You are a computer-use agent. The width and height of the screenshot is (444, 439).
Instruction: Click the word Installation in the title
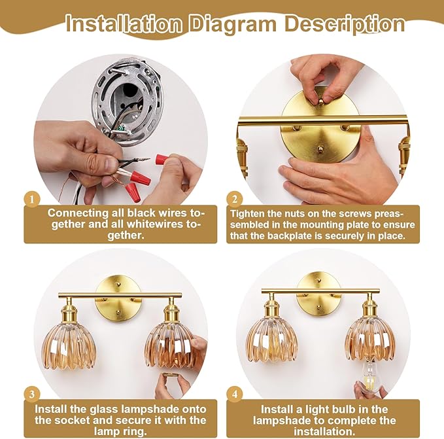click(124, 24)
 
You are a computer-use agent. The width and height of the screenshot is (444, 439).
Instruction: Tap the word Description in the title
click(345, 25)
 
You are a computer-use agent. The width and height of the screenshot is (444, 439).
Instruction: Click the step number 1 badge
click(32, 199)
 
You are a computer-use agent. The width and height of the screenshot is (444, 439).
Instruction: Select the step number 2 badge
click(235, 199)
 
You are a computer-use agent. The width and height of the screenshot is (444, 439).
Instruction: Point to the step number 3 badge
click(32, 394)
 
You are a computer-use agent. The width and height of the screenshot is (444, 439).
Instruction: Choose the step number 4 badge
click(235, 394)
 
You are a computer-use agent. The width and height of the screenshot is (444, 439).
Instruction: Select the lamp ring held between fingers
click(171, 376)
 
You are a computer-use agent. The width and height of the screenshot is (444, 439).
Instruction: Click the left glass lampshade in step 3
click(69, 346)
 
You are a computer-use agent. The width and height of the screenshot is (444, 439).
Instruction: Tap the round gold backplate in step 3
click(118, 299)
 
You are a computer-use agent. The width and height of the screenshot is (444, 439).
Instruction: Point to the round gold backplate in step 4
click(319, 294)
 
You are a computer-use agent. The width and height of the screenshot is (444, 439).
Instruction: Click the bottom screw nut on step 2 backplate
click(320, 148)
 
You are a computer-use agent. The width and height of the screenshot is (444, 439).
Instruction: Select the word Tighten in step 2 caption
click(247, 214)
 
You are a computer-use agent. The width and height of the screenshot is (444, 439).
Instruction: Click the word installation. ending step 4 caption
click(324, 432)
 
